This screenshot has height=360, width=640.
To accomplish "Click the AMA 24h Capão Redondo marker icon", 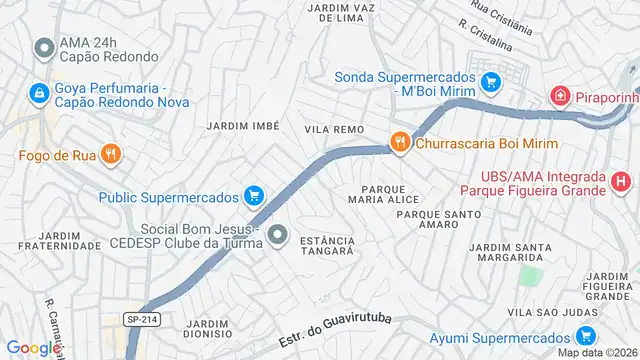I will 43,48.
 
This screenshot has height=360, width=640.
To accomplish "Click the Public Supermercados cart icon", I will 254,195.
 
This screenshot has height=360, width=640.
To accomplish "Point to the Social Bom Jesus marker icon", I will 279,236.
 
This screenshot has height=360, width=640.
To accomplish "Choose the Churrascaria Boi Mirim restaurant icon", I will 400,142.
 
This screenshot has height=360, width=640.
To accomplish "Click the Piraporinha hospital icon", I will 560,97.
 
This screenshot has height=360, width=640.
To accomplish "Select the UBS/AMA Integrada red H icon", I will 621,182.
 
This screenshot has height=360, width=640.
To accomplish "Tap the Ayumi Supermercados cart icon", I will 587,336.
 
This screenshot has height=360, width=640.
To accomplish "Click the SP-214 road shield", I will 140,318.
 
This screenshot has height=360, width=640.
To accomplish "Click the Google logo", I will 30,348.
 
